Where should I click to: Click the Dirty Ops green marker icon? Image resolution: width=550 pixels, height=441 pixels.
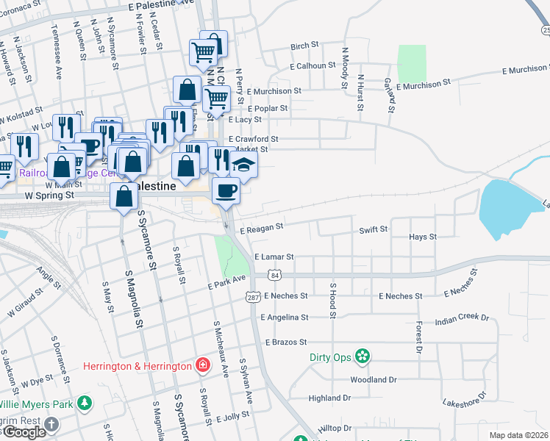tap(362, 357)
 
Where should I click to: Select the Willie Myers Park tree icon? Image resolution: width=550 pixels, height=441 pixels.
tap(85, 404)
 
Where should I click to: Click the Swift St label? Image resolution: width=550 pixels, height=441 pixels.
tap(373, 230)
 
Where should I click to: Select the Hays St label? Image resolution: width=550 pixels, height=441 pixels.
tap(423, 237)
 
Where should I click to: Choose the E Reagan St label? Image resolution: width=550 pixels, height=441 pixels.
tap(261, 229)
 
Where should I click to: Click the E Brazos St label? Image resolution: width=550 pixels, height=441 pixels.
tap(284, 343)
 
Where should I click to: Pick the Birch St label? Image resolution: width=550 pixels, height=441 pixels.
tap(304, 46)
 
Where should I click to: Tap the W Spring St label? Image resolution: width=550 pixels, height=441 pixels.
tap(49, 196)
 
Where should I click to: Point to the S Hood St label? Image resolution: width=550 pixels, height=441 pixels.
tap(332, 301)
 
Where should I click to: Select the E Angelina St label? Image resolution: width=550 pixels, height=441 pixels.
tap(284, 318)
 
